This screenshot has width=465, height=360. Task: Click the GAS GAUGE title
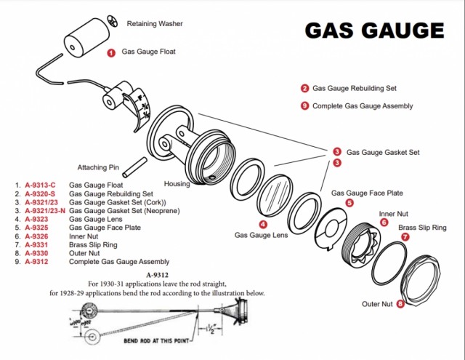pyautogui.click(x=373, y=31)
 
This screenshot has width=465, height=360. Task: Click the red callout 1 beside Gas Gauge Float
pyautogui.click(x=111, y=52)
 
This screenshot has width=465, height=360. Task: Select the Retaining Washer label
pyautogui.click(x=155, y=23)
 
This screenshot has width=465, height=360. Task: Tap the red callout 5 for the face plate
pyautogui.click(x=349, y=203)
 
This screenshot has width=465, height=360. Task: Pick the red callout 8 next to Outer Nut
pyautogui.click(x=400, y=303)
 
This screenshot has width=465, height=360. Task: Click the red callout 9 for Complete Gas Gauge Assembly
pyautogui.click(x=304, y=106)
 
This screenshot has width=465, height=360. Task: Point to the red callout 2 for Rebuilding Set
pyautogui.click(x=304, y=88)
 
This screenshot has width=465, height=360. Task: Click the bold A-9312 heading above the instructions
pyautogui.click(x=157, y=274)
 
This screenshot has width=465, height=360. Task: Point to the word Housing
pyautogui.click(x=177, y=184)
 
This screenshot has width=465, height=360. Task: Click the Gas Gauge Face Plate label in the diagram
pyautogui.click(x=367, y=193)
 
